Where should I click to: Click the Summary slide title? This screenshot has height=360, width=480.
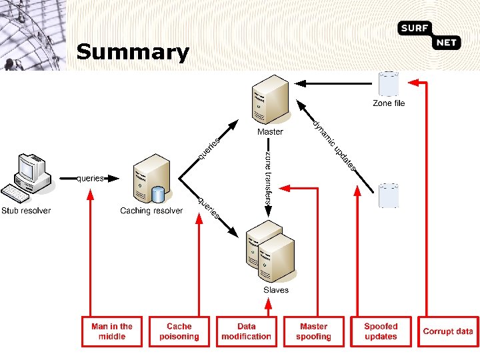133,53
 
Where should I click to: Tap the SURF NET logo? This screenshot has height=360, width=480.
429,35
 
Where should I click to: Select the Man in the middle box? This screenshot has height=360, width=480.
112,331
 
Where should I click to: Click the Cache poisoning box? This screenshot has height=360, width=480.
179,331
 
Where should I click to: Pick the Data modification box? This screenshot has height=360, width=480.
247,331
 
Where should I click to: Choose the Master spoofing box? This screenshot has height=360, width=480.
314,331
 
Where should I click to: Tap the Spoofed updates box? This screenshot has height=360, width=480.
381,331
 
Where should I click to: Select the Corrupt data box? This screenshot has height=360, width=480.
448,331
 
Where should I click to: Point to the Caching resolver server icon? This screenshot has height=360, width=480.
152,179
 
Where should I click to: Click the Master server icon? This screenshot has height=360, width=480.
270,99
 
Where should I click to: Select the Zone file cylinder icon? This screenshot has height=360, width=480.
389,84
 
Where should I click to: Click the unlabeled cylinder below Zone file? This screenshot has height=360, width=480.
389,195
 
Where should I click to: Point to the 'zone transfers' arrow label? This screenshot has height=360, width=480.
269,178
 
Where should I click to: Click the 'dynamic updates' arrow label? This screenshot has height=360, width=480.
334,145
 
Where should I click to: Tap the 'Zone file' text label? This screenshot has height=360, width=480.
389,103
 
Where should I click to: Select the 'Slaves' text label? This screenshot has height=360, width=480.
276,290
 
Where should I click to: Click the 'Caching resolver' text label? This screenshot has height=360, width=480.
151,211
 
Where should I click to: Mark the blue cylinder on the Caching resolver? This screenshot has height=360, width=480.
158,194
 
